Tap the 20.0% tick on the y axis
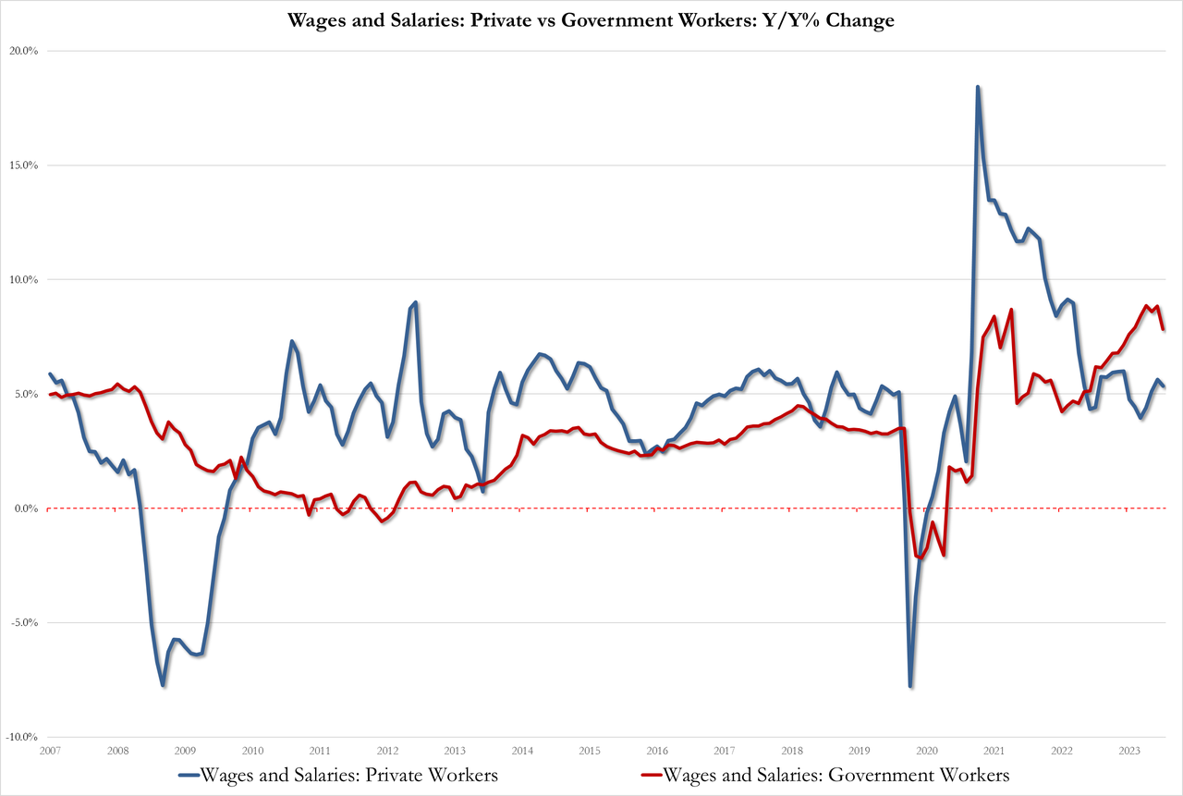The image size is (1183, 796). point(23,51)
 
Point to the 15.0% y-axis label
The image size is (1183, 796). point(23,165)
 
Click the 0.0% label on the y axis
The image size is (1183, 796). point(25,508)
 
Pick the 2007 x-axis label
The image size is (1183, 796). point(50,751)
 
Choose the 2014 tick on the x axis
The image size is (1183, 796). point(522,751)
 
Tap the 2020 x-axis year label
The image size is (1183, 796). point(927,751)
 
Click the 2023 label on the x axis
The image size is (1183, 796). point(1129,751)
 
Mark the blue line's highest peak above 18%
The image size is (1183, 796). point(978,87)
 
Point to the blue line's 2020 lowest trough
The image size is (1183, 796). point(910,686)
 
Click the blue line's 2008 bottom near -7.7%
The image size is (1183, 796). point(163,685)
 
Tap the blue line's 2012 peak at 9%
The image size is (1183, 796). point(416,302)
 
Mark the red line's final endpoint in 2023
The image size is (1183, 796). point(1163,329)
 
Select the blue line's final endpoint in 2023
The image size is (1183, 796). point(1163,386)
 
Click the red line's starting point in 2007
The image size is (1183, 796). point(50,395)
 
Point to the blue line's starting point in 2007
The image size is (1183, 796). point(50,374)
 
